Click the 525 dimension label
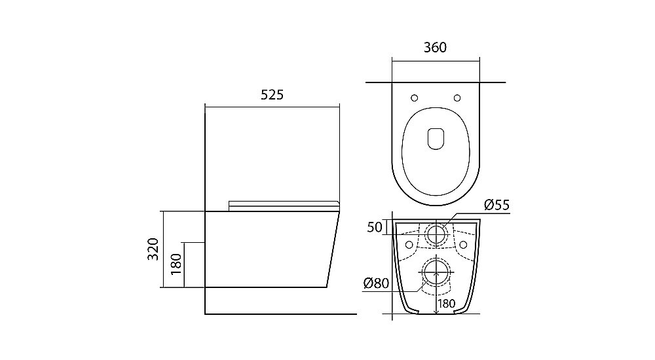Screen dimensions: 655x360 tap(272, 95)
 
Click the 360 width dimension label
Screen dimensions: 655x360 tap(436, 48)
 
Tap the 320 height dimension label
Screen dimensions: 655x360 tap(153, 249)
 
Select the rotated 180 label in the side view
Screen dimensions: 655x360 tap(176, 264)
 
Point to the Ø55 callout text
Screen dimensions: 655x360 tap(496, 205)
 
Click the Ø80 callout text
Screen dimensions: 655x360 tap(377, 283)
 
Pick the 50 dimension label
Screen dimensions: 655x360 tap(375, 227)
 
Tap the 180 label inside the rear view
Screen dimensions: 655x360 tap(447, 304)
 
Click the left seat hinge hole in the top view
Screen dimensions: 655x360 tap(415, 98)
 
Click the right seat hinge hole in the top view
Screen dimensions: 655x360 tap(457, 98)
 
